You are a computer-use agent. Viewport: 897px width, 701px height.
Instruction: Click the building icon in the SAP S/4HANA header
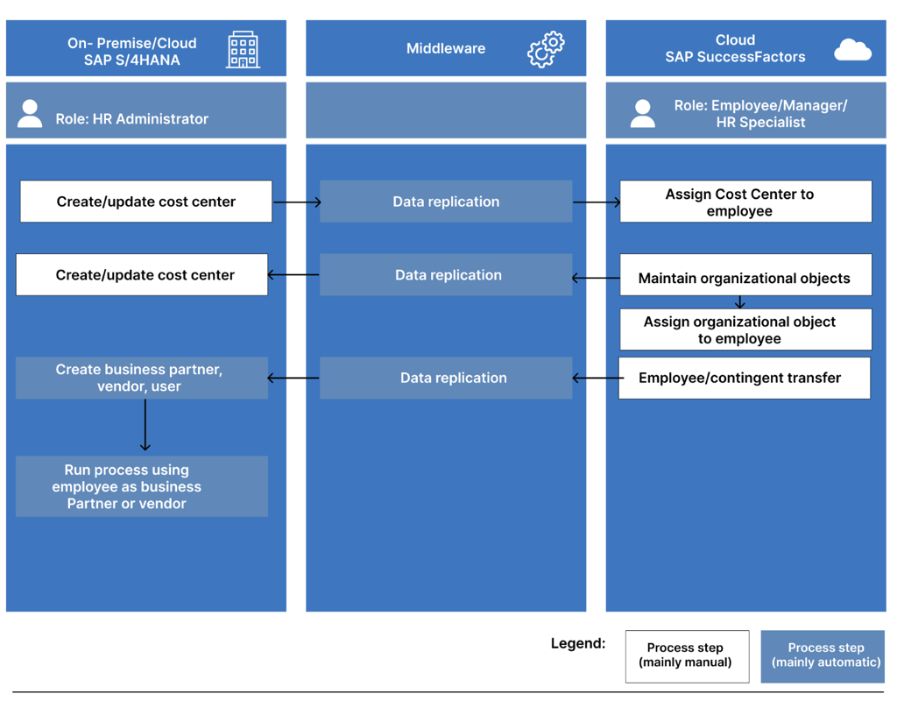coord(243,49)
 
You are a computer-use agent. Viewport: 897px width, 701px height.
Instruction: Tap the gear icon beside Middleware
coord(546,49)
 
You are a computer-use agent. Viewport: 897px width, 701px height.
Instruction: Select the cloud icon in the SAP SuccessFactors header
coord(852,50)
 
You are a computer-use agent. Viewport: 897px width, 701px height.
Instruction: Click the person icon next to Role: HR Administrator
coord(30,114)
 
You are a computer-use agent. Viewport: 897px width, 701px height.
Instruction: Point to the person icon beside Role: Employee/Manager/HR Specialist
coord(642,114)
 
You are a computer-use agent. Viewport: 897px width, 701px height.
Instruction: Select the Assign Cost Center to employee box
coord(745,202)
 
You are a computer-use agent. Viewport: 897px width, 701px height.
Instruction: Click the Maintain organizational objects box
coord(745,277)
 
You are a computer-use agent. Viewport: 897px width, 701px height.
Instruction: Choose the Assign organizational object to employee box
coord(745,329)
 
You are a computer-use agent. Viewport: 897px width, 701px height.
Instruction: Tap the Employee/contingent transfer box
coord(745,378)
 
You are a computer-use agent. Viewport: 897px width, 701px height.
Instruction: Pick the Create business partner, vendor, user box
coord(142,378)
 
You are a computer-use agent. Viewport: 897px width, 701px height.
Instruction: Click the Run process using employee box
coord(142,486)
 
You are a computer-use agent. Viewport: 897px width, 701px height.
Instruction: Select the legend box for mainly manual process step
coord(687,655)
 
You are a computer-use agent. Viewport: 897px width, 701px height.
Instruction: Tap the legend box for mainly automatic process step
coord(823,655)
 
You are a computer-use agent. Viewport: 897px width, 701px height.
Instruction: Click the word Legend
coord(577,643)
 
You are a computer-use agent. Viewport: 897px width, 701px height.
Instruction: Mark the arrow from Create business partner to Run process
coord(145,426)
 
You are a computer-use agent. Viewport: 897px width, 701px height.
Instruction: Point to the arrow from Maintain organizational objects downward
coord(740,302)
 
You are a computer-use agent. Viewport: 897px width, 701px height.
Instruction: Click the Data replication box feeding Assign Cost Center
coord(446,202)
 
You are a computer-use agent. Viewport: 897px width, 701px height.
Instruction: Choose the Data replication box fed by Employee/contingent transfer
coord(446,378)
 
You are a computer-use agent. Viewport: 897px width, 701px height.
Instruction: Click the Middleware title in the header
coord(445,49)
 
